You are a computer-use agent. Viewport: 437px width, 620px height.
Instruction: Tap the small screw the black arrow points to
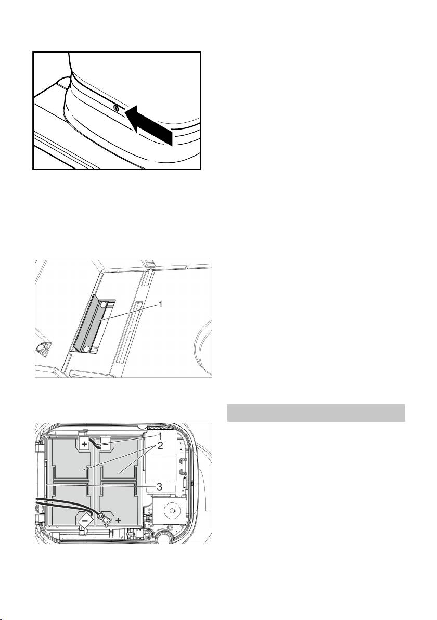coord(115,109)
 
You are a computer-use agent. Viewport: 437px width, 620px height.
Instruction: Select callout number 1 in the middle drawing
coord(160,304)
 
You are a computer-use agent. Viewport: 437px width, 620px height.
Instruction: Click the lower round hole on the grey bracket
coord(86,349)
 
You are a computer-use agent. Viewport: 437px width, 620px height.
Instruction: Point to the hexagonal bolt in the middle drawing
coord(41,348)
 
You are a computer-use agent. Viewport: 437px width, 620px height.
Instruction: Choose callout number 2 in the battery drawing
coord(159,446)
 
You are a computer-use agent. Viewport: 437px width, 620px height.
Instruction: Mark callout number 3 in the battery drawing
coord(159,487)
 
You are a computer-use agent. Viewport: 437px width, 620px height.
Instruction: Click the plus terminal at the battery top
coord(85,444)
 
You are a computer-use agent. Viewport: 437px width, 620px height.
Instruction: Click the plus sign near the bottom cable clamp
coord(118,520)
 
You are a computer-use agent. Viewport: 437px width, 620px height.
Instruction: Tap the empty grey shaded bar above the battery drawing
coord(316,413)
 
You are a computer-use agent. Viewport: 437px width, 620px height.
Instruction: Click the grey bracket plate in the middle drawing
coord(88,324)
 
